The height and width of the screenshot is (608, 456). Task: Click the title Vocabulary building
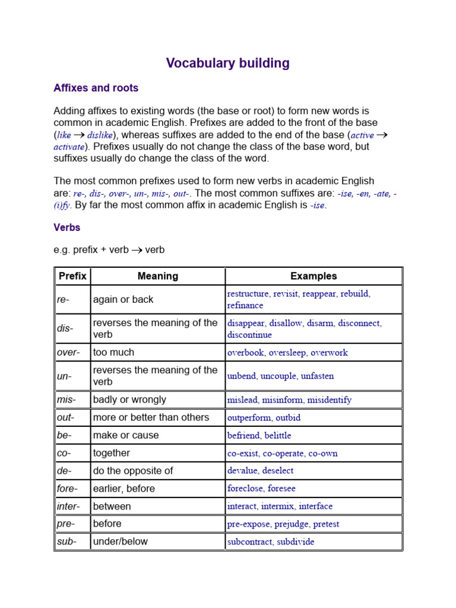click(228, 64)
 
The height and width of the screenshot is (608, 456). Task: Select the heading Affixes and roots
click(96, 88)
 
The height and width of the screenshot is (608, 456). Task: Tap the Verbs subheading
click(66, 227)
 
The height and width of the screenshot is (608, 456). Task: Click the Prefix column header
click(72, 276)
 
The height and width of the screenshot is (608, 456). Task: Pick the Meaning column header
click(157, 276)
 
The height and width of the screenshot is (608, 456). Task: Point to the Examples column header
click(313, 276)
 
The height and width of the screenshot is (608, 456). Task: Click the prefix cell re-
click(63, 300)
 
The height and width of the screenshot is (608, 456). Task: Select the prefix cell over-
click(68, 353)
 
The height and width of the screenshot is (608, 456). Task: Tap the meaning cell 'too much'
click(113, 353)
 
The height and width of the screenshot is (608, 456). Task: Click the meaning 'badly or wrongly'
click(129, 400)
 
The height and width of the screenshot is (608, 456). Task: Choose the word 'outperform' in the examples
click(249, 418)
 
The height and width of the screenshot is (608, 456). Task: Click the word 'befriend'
click(243, 436)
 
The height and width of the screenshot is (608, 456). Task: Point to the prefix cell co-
click(64, 453)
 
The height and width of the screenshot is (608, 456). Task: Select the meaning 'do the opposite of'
click(133, 471)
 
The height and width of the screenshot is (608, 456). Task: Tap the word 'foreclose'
click(245, 489)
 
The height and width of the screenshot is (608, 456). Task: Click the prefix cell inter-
click(68, 506)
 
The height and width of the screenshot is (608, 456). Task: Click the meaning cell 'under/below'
click(121, 541)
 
